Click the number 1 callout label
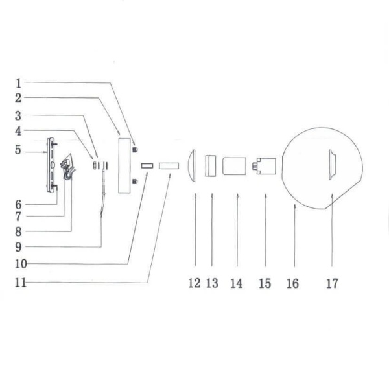click(x=19, y=83)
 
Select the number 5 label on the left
click(x=19, y=150)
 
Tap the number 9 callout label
click(x=19, y=247)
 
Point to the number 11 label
click(x=21, y=283)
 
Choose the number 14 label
click(x=236, y=283)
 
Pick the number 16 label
click(x=292, y=283)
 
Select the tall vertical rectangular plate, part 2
click(x=123, y=165)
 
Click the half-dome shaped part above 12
click(x=192, y=165)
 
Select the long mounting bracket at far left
click(x=51, y=165)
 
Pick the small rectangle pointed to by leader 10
click(x=146, y=165)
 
